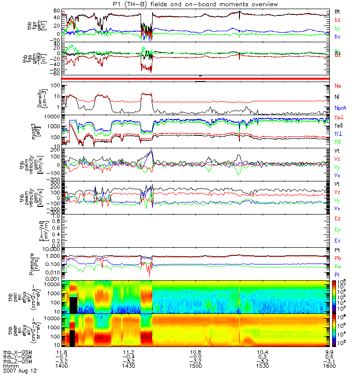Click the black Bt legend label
337,11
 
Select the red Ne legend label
337,85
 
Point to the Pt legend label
337,251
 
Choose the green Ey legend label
338,229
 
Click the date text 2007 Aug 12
20,371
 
